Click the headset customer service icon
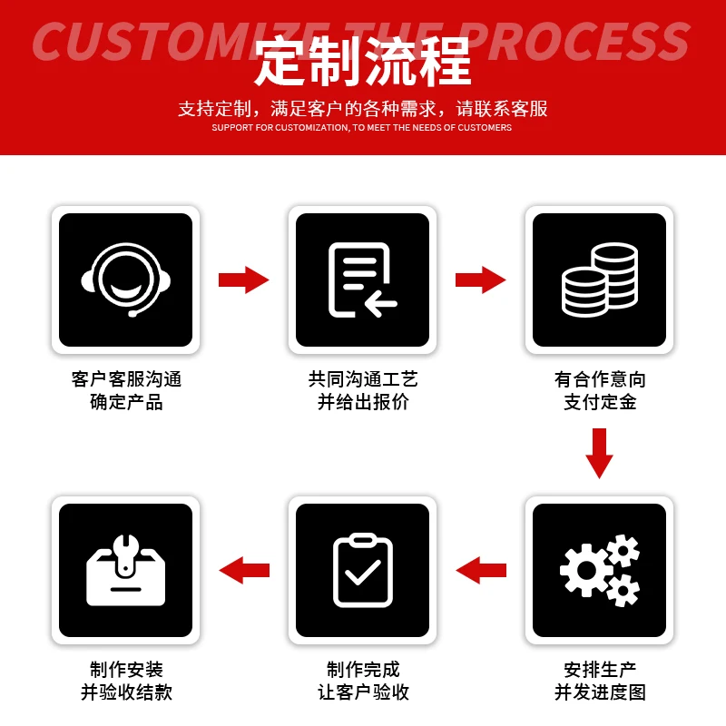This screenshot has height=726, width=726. click(125, 280)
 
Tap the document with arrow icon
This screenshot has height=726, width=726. click(362, 280)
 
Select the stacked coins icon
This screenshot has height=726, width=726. click(600, 280)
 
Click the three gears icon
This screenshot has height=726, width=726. click(600, 570)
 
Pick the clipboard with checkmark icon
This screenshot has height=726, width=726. click(362, 570)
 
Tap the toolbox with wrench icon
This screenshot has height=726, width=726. click(125, 570)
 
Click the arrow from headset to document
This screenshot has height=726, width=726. click(243, 280)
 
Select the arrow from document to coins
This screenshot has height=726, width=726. click(480, 280)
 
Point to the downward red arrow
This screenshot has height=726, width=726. click(600, 452)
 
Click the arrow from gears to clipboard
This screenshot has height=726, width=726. click(481, 570)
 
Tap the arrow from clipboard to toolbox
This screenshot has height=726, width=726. click(244, 570)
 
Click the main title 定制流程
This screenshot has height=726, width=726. click(363, 62)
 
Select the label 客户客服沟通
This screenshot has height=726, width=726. click(126, 379)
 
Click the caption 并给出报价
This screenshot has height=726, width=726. click(363, 401)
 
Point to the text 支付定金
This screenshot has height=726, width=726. click(600, 401)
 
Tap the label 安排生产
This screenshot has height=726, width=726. click(600, 670)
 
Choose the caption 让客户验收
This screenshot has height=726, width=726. click(363, 692)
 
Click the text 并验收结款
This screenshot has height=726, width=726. click(126, 692)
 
